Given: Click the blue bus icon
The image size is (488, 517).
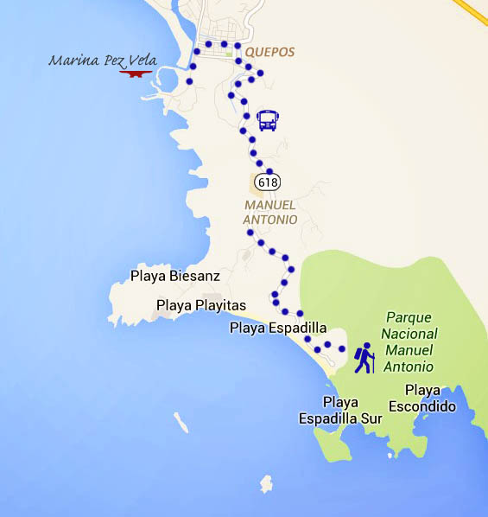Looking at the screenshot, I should (268, 120).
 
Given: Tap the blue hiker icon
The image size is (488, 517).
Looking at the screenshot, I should (364, 358).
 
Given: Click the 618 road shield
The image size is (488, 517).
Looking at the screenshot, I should (268, 182).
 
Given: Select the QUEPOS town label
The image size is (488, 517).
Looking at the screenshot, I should (270, 52).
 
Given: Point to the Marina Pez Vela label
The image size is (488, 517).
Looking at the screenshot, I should (97, 61).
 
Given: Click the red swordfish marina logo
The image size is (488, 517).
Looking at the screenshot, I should (135, 74).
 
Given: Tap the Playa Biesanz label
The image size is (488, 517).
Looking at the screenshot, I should (175, 277).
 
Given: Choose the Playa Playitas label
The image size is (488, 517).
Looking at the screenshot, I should (201, 305).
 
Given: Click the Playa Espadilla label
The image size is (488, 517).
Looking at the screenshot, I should (278, 328).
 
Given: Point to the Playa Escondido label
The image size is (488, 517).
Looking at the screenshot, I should (421, 398).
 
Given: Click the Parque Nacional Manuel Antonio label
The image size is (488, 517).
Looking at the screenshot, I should (409, 342).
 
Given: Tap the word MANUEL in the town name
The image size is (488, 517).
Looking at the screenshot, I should (270, 205).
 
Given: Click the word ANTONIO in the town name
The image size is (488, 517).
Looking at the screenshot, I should (270, 220).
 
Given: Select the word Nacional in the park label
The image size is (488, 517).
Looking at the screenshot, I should (411, 335).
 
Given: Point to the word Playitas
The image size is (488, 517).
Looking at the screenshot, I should (219, 305).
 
